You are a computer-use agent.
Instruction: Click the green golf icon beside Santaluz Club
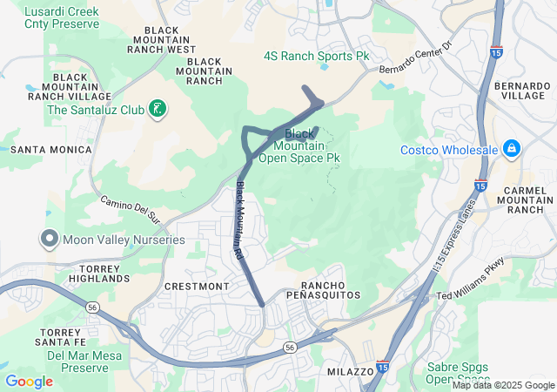(x=158, y=109)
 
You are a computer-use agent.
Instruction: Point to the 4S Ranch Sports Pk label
(x=317, y=56)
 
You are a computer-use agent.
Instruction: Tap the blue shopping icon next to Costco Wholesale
(x=509, y=149)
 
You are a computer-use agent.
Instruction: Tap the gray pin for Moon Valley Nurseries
(x=49, y=239)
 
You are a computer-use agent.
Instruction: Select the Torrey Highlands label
(x=104, y=273)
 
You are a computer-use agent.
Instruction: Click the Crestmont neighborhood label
(x=197, y=286)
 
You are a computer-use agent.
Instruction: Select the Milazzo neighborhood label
(x=350, y=371)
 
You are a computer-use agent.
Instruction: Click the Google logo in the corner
(x=29, y=382)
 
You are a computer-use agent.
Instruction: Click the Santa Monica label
(x=51, y=150)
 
